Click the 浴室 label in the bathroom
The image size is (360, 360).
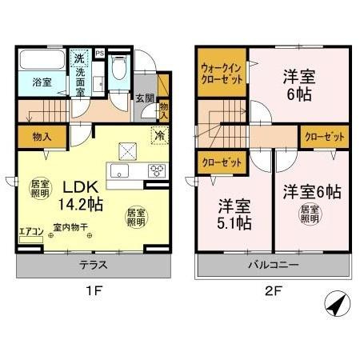click(42, 82)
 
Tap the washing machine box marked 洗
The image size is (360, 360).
click(79, 58)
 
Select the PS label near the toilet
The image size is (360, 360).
click(99, 54)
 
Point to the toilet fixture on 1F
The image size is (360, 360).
click(119, 70)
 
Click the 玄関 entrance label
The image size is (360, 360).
click(144, 98)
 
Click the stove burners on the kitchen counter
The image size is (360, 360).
click(156, 168)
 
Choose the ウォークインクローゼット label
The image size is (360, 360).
click(222, 74)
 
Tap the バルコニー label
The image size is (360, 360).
click(273, 265)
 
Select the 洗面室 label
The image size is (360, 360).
click(80, 81)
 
